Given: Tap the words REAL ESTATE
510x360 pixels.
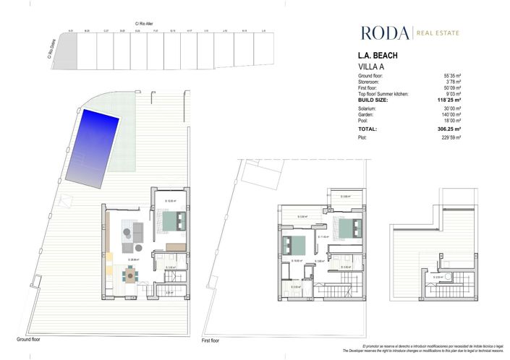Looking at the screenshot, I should pyautogui.click(x=438, y=33).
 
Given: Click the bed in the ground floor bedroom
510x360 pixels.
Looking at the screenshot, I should pyautogui.click(x=172, y=220).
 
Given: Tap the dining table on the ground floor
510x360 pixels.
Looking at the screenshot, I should pyautogui.click(x=130, y=274).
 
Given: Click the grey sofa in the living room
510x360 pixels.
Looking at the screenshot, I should pyautogui.click(x=137, y=231).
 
